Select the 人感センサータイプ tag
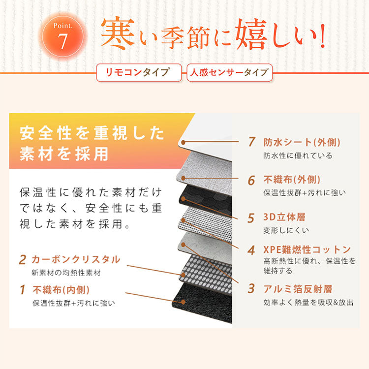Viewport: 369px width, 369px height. [x=229, y=72]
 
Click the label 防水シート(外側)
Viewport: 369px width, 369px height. [x=302, y=142]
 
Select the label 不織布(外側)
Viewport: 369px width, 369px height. [x=292, y=180]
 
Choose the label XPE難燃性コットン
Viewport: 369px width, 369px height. [x=307, y=249]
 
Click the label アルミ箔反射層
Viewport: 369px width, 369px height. [x=298, y=289]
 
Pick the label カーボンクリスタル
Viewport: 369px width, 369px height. [x=75, y=259]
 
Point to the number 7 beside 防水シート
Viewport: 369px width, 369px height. [x=252, y=142]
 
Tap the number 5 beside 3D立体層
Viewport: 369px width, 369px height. [x=251, y=217]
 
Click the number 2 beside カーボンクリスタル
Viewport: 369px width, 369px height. [x=23, y=259]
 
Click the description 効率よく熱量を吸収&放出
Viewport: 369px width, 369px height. [x=308, y=303]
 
